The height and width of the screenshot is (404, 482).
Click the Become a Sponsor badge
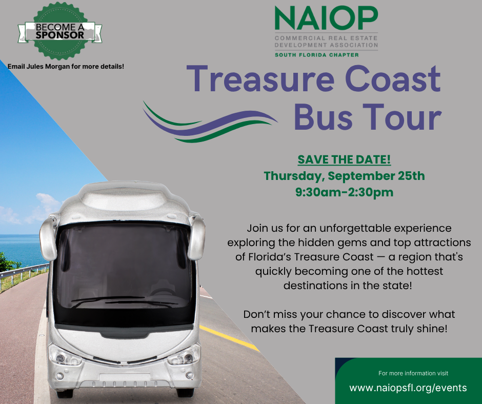tap(59, 31)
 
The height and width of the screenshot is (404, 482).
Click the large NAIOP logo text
tap(326, 18)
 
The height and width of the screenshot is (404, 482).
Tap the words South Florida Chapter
tap(316, 55)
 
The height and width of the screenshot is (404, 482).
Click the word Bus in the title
tap(323, 117)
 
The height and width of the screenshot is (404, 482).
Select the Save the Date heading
tap(344, 159)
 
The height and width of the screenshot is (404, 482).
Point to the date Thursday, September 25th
tap(344, 176)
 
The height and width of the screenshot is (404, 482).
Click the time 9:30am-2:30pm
tap(344, 192)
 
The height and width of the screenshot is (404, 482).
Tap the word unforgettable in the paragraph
tap(355, 229)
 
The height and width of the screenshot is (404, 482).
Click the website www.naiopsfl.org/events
tap(408, 388)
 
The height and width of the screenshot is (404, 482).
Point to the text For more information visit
tap(413, 373)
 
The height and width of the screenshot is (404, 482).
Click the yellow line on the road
tap(229, 338)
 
